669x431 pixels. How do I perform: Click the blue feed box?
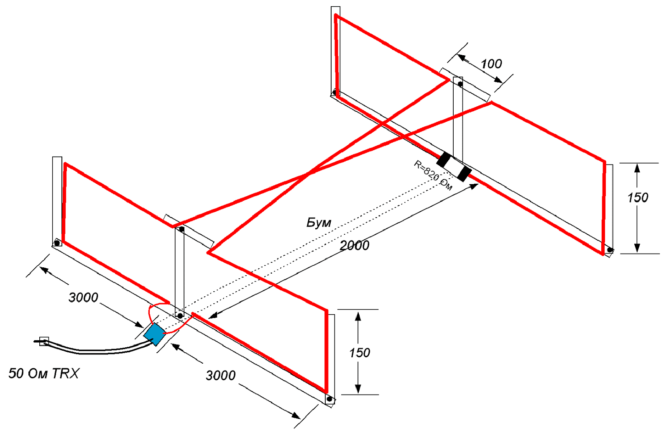155,334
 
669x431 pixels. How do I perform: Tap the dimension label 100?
491,64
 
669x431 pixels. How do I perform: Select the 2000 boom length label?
354,245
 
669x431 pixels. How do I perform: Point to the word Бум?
319,223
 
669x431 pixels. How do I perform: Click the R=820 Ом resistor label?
433,175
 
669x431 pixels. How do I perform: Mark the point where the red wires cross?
309,173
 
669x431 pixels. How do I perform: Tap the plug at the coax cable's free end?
43,341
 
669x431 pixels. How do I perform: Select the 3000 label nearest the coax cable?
83,298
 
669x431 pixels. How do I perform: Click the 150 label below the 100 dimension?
637,198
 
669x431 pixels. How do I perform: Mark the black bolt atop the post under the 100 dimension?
460,84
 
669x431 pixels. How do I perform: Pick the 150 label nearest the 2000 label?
360,353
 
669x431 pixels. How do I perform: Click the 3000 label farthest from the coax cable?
221,375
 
